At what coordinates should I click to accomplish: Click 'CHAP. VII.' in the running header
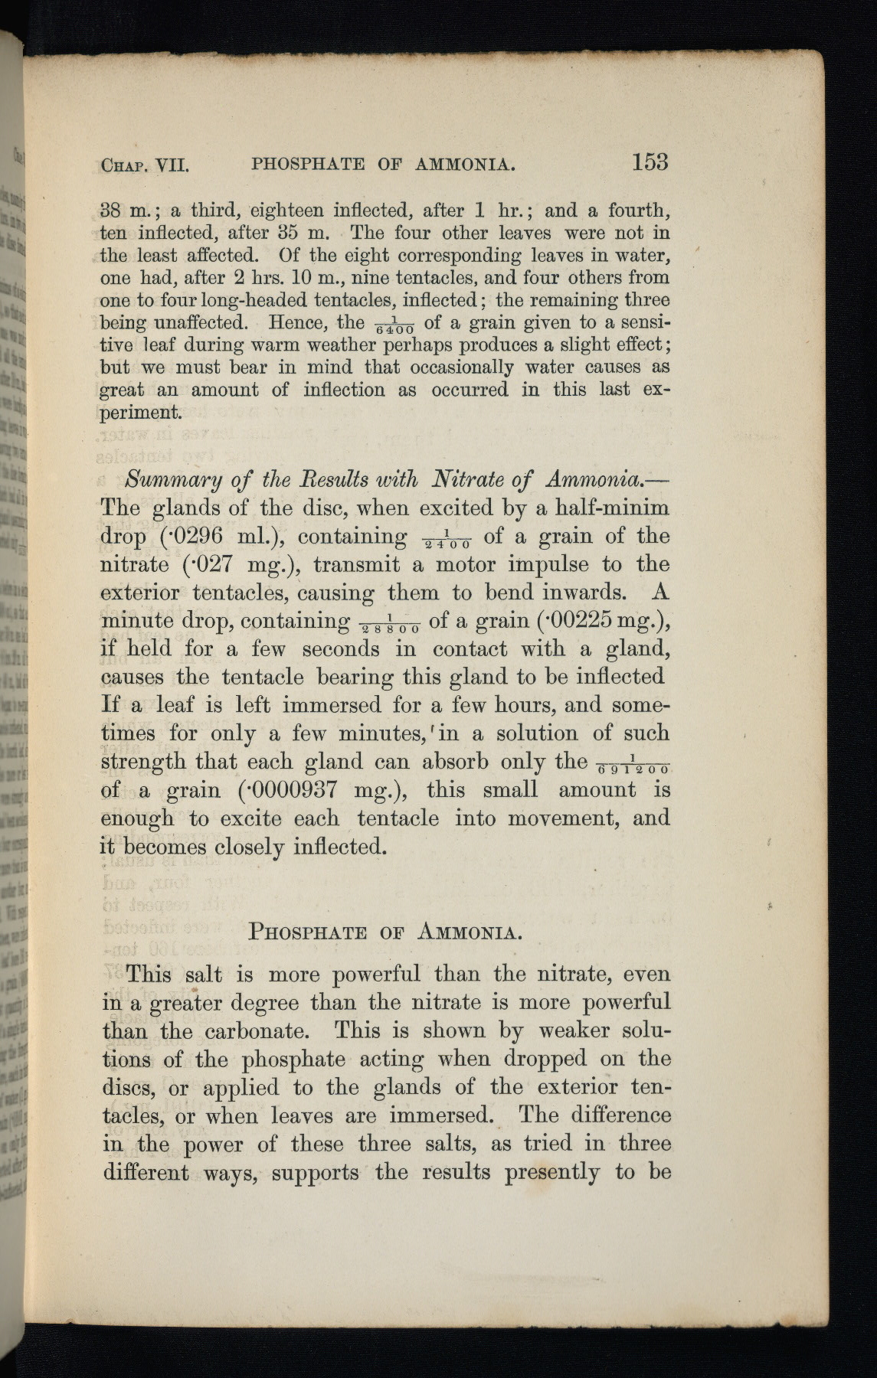145,165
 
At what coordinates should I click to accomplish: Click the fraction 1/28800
390,624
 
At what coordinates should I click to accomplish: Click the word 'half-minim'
600,508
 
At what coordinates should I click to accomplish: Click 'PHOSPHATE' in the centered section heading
309,933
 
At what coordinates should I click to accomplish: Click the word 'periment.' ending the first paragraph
142,413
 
